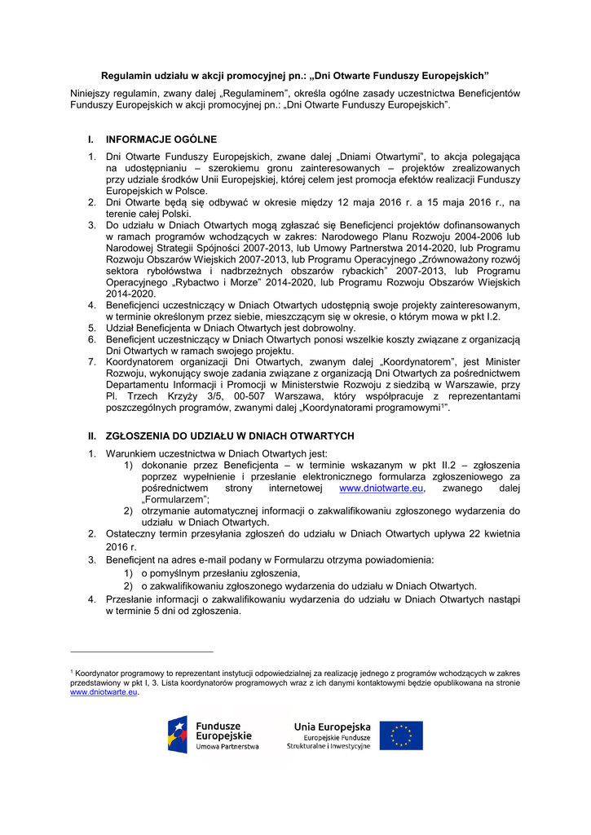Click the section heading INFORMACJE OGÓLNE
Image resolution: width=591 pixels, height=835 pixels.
(161, 139)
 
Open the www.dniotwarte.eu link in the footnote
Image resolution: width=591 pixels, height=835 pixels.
(103, 692)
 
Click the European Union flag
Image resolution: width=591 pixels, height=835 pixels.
(401, 735)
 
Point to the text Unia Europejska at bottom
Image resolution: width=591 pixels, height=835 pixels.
(332, 727)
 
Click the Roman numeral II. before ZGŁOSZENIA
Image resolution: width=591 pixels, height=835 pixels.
(92, 435)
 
